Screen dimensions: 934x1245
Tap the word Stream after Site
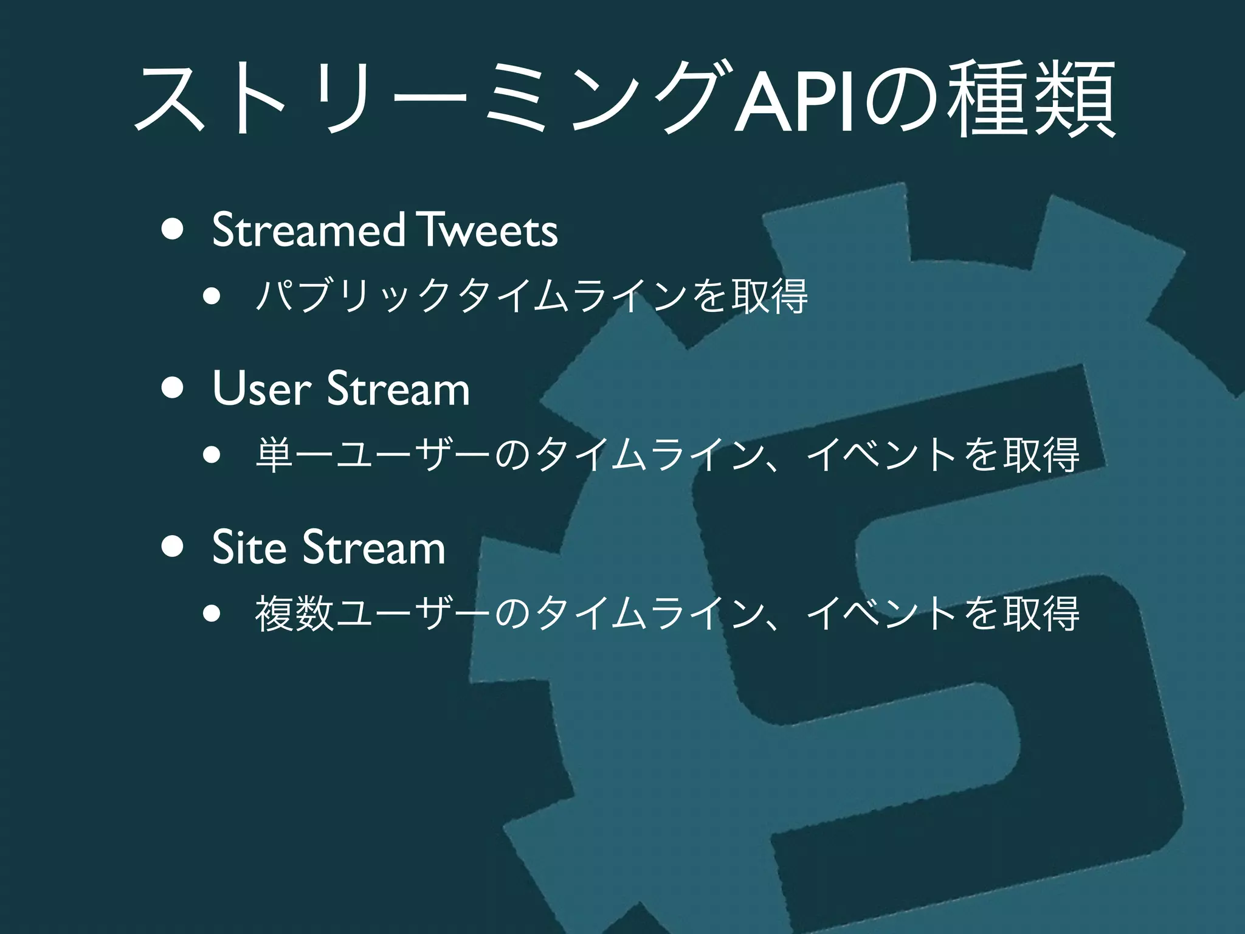374,547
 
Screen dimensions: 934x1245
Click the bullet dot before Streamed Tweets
173,231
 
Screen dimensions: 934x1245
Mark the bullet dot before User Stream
173,389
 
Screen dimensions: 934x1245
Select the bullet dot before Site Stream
173,547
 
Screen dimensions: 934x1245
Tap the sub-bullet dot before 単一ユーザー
212,455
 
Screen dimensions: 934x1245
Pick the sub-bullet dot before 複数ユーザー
212,614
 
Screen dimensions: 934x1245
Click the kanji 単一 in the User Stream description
295,455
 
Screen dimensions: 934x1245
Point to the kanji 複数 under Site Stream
295,614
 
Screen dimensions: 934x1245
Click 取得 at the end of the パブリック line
770,297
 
